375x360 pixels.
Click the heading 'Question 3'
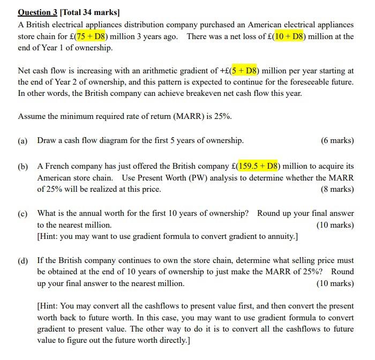point(37,11)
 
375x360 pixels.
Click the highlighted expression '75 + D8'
point(93,36)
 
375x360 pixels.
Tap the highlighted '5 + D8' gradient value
point(245,70)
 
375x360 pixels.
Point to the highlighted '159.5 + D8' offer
point(259,166)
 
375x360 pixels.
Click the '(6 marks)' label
point(337,140)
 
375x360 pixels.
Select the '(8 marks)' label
point(337,189)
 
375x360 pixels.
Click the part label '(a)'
point(23,140)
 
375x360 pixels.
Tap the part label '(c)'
point(23,213)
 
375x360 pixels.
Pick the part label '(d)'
point(23,260)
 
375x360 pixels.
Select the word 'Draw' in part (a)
point(47,140)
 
